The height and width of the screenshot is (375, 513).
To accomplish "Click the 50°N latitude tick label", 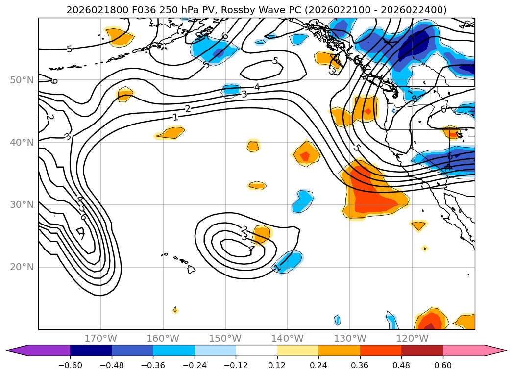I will [22, 80].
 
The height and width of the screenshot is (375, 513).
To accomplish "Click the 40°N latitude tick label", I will [22, 143].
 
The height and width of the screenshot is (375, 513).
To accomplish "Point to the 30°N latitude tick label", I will [22, 205].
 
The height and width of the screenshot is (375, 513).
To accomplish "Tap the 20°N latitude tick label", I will [22, 267].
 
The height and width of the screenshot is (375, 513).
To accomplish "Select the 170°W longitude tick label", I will [100, 338].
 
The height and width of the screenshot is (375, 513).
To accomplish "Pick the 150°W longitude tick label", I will [225, 338].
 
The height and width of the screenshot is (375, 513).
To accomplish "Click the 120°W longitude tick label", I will [413, 338].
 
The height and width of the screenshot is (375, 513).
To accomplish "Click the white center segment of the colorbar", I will [256, 350].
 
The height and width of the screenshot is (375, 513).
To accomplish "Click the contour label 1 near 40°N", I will [175, 117].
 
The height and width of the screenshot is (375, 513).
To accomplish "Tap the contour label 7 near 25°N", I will [81, 236].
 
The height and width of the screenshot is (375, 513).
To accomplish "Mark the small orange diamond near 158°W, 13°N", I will [175, 310].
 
